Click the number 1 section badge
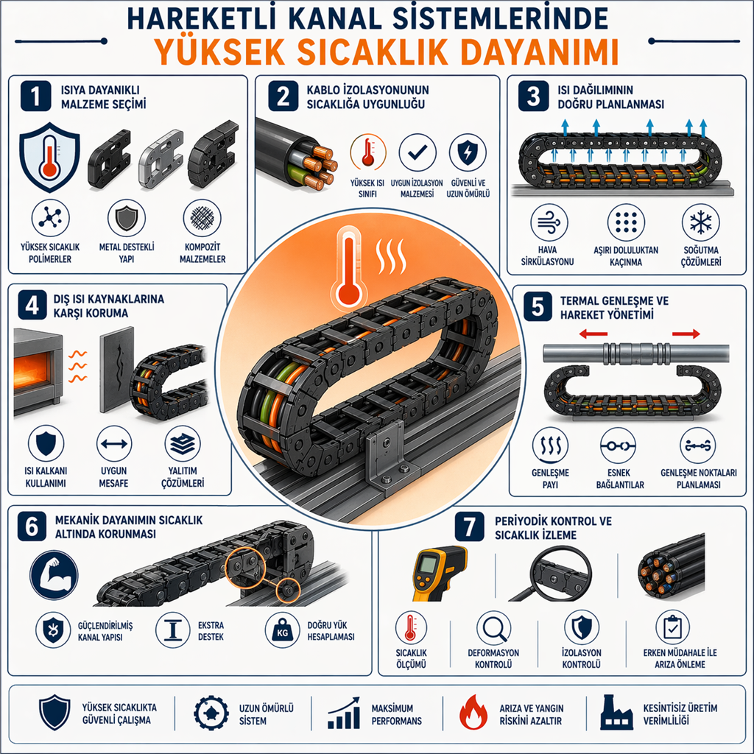click(x=35, y=96)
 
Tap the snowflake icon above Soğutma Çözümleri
click(x=701, y=222)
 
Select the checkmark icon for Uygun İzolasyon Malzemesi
click(x=417, y=152)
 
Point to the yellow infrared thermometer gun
click(x=440, y=573)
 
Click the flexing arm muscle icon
click(x=53, y=575)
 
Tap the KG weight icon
click(x=282, y=630)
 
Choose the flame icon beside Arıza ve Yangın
click(x=473, y=713)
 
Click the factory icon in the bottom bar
click(x=616, y=712)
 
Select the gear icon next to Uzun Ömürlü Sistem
click(x=211, y=713)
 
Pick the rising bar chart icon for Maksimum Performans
click(x=344, y=713)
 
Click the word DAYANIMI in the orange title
click(x=539, y=52)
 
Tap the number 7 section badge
click(x=470, y=526)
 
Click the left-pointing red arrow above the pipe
click(x=593, y=334)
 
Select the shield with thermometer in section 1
click(x=49, y=158)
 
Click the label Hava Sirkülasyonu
click(x=547, y=256)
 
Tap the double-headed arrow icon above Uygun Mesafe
click(x=114, y=443)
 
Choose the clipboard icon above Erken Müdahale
click(x=672, y=627)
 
